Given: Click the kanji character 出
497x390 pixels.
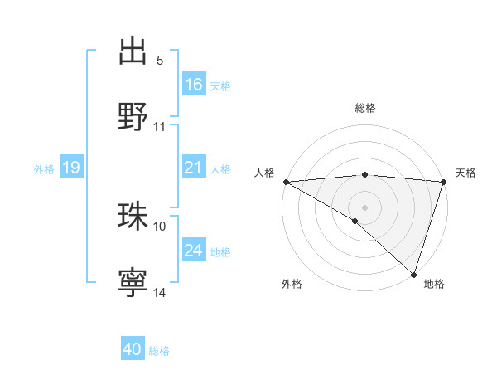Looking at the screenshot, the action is click(x=133, y=51).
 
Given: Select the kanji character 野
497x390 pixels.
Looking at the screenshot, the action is click(x=133, y=116).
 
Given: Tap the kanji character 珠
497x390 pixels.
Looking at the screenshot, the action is click(x=133, y=216).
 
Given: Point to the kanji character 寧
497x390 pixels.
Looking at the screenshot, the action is click(x=133, y=282).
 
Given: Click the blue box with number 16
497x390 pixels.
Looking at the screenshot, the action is click(x=194, y=84).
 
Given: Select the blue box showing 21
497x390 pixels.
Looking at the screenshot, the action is click(x=194, y=168).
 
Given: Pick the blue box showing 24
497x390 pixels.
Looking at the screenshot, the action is click(x=194, y=250).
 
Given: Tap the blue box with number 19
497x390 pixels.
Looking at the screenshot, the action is click(x=71, y=168).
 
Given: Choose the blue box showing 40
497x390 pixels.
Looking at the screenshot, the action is click(x=133, y=349).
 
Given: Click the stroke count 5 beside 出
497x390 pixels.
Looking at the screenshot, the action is click(x=160, y=61).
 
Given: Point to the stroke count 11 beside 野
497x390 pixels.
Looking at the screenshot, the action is click(x=160, y=127).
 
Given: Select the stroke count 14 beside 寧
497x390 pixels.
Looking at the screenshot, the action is click(x=160, y=292).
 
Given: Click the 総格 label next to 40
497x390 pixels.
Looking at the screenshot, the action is click(x=159, y=351).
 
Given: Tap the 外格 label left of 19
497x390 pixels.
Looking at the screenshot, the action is click(x=44, y=168).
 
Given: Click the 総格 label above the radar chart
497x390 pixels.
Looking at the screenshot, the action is click(x=364, y=108).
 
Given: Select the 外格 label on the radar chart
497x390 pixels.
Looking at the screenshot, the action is click(x=292, y=284).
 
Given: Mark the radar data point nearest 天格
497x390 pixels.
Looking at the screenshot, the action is click(x=443, y=183).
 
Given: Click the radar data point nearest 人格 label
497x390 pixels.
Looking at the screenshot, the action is click(x=286, y=182).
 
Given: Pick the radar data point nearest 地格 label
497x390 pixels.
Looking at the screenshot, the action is click(x=413, y=274).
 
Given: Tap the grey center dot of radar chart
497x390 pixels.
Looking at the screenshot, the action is click(x=364, y=207).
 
